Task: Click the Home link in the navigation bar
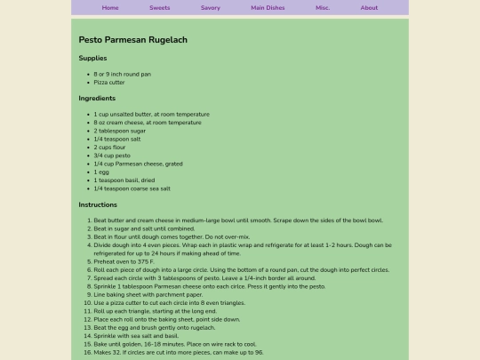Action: coord(110,7)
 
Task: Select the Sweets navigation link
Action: coord(160,7)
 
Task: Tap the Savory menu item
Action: coord(211,7)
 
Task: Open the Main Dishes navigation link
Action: coord(268,7)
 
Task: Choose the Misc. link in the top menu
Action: coord(323,7)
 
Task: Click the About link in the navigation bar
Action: coord(369,7)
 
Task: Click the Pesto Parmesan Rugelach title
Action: coord(133,40)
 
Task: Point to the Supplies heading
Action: coord(92,58)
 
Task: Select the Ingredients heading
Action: coord(97,98)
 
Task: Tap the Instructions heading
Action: coord(98,204)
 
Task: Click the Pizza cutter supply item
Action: coord(109,82)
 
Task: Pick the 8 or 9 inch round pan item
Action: coord(123,74)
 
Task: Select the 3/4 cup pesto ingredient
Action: coord(112,155)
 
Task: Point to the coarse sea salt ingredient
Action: coord(132,188)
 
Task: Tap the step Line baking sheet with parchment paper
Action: coord(148,294)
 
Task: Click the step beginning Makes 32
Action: coord(178,352)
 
